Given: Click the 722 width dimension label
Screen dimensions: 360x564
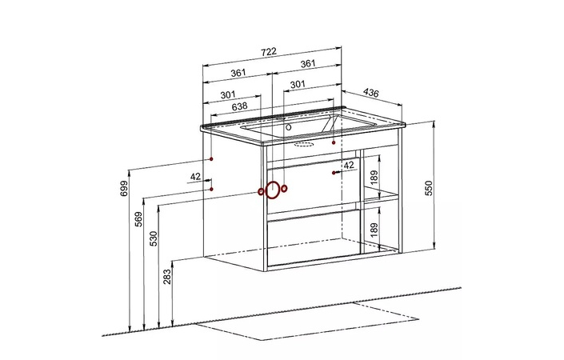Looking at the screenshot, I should click(x=269, y=52).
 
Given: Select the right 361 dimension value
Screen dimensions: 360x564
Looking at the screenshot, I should click(x=307, y=63).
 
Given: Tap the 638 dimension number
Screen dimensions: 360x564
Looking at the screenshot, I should click(x=238, y=106).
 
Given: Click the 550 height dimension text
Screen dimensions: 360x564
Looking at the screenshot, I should click(x=428, y=189).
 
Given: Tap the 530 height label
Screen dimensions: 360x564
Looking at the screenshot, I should click(x=153, y=239).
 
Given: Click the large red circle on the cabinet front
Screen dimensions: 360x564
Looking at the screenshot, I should click(x=272, y=190).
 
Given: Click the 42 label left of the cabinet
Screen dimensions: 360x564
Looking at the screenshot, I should click(x=195, y=177).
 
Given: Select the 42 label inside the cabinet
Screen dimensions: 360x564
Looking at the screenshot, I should click(x=348, y=165).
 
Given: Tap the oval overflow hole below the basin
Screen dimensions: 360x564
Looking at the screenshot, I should click(x=305, y=146).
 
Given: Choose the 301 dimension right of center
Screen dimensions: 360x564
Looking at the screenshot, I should click(x=298, y=84).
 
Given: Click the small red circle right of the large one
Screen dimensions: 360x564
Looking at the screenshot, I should click(x=285, y=190).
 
